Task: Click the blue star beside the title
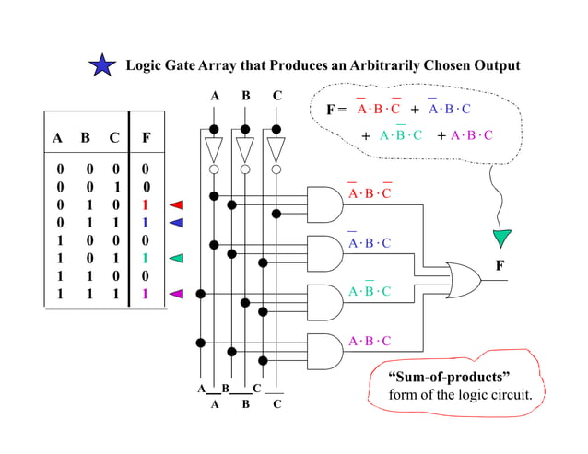(x=102, y=65)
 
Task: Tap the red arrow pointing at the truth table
(x=177, y=204)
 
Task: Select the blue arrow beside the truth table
(x=177, y=223)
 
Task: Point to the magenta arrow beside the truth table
(x=177, y=295)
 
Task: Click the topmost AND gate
(x=323, y=202)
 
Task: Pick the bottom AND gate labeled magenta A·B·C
(x=323, y=349)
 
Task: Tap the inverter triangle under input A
(x=214, y=149)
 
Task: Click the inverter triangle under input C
(x=276, y=149)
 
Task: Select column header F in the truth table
(x=147, y=139)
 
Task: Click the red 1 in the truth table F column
(x=146, y=204)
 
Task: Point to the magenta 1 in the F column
(x=146, y=295)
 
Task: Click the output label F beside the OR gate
(x=500, y=265)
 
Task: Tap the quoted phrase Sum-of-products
(x=449, y=378)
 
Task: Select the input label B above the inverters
(x=245, y=95)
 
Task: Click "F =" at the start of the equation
(x=337, y=110)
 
